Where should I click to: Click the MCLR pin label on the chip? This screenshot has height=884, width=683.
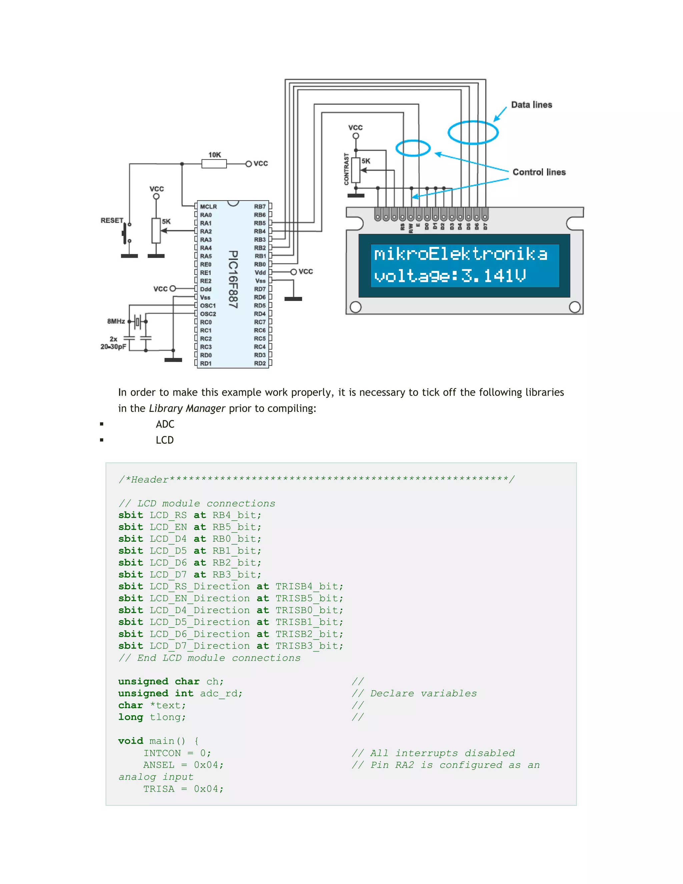[x=208, y=206]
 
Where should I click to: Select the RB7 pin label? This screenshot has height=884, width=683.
[x=260, y=206]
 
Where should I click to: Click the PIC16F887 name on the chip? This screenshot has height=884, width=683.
[x=233, y=279]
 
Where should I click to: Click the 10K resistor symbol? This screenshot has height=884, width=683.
[x=214, y=164]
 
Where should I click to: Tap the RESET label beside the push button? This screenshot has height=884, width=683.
[x=112, y=220]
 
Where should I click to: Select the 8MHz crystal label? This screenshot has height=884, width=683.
[x=116, y=321]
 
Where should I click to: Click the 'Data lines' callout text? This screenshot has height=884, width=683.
[x=531, y=105]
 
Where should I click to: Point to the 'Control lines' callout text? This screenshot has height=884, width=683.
[x=539, y=172]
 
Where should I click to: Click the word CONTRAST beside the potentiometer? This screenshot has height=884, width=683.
[x=347, y=169]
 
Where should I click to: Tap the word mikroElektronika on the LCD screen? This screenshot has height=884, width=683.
[x=461, y=254]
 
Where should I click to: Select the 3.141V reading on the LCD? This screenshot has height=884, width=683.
[x=493, y=276]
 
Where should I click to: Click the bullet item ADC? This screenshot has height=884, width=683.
[x=165, y=424]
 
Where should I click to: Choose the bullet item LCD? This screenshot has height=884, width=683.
[x=165, y=440]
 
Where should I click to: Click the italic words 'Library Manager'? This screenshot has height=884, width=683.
[x=187, y=408]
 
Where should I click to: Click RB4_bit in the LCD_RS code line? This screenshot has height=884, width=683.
[x=237, y=515]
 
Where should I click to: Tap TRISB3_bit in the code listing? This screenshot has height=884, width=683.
[x=309, y=646]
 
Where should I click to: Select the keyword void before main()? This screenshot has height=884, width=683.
[x=130, y=741]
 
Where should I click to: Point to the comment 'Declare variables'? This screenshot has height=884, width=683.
[x=423, y=694]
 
